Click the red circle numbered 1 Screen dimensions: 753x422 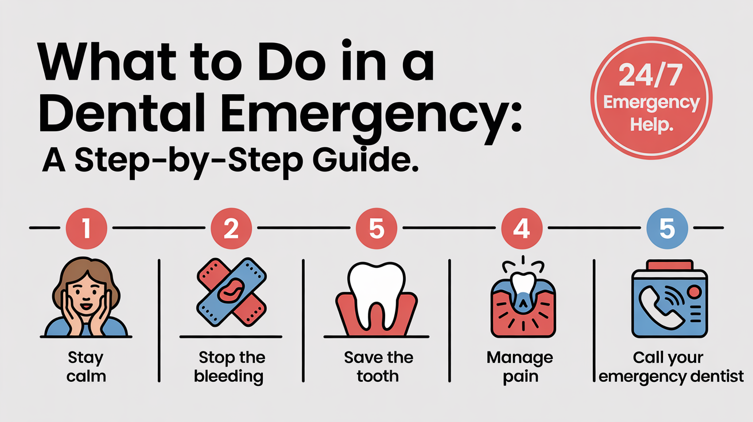[87, 228]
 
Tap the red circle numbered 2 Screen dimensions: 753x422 [231, 228]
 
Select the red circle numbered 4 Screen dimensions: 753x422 [522, 228]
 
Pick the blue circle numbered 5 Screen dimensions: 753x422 [667, 228]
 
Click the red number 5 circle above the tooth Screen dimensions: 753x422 [376, 228]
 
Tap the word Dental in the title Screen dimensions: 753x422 [122, 113]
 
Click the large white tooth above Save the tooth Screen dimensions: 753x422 [376, 295]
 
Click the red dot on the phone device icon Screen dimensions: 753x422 [694, 291]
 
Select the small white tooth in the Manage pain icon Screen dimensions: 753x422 [523, 284]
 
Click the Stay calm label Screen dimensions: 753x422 [86, 366]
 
